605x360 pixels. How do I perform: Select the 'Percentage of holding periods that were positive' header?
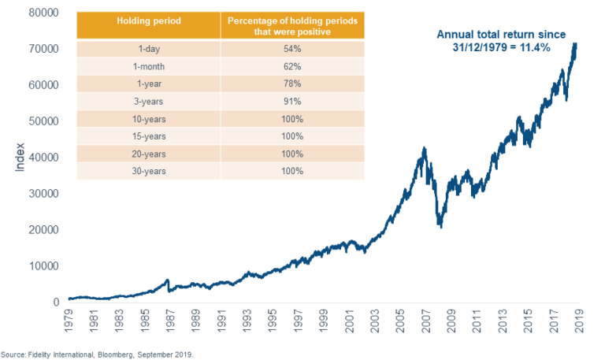click(x=293, y=24)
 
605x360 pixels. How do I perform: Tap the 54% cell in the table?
click(x=293, y=49)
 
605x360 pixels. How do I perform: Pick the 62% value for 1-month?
click(x=293, y=66)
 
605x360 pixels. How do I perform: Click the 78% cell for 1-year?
click(x=293, y=84)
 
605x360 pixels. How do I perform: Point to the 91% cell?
click(x=293, y=101)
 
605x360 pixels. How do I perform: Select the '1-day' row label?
click(x=148, y=49)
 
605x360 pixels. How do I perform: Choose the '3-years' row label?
click(x=148, y=101)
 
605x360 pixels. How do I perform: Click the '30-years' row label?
click(x=148, y=171)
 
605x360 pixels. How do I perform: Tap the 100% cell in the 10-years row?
click(x=293, y=118)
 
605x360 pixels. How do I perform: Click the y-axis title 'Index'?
click(x=21, y=158)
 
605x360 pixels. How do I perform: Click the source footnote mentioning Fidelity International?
click(x=97, y=354)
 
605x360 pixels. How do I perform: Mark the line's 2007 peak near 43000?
click(x=425, y=147)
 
